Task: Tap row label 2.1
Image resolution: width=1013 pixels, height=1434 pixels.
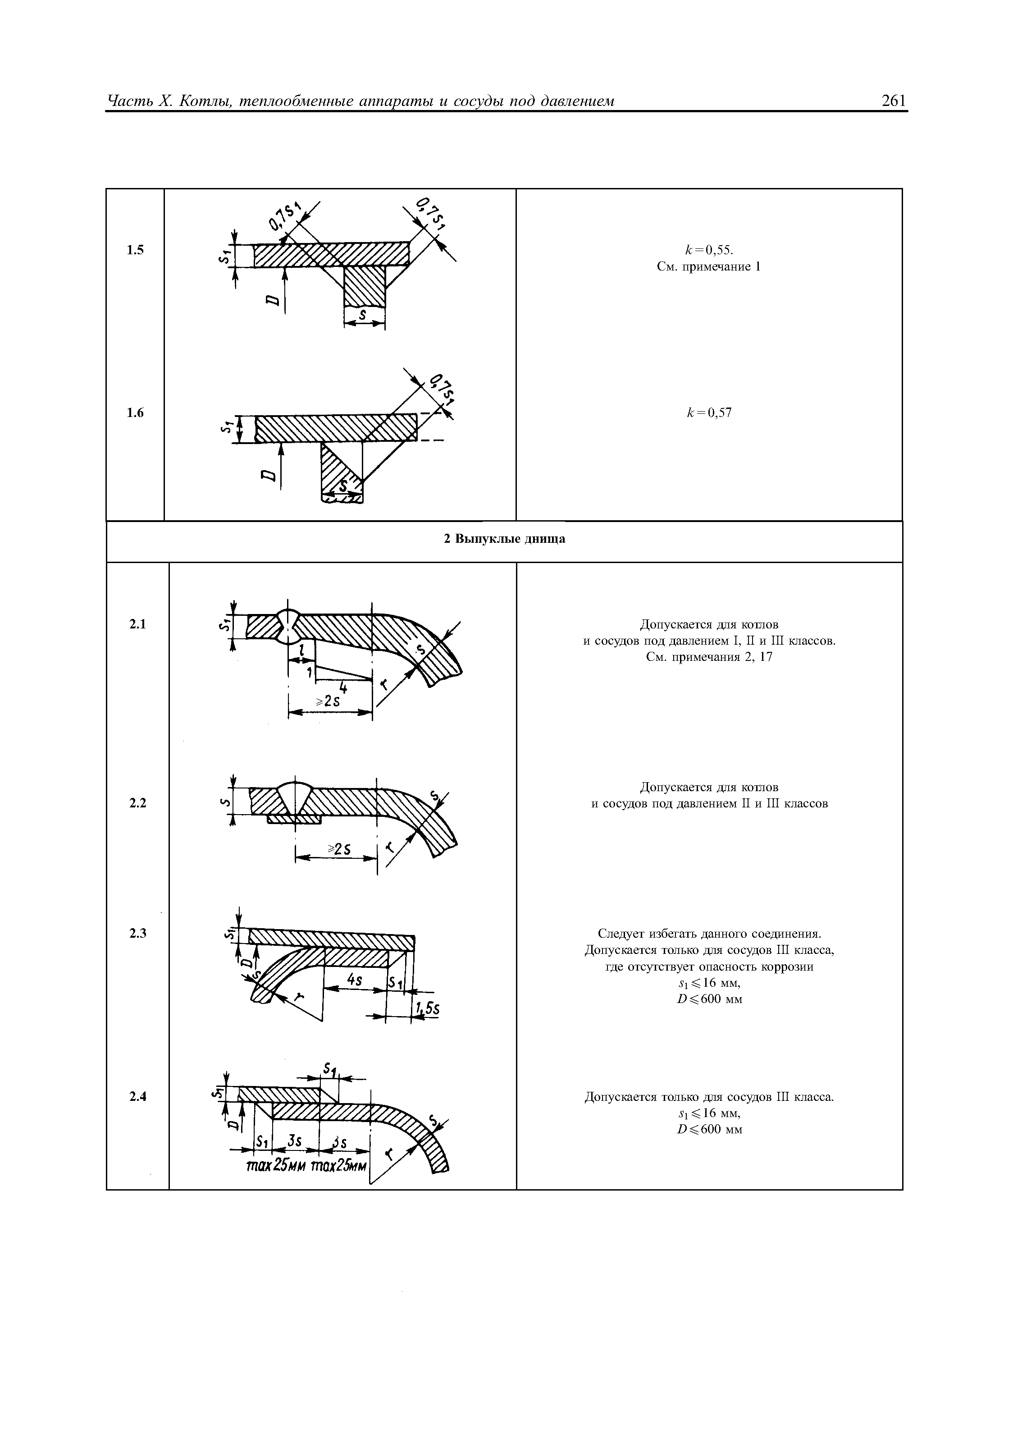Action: point(137,624)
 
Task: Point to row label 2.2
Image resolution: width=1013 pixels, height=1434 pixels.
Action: point(137,803)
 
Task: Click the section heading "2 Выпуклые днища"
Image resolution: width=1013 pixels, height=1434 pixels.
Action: point(504,539)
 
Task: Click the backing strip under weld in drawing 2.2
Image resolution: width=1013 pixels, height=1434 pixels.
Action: point(294,819)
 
